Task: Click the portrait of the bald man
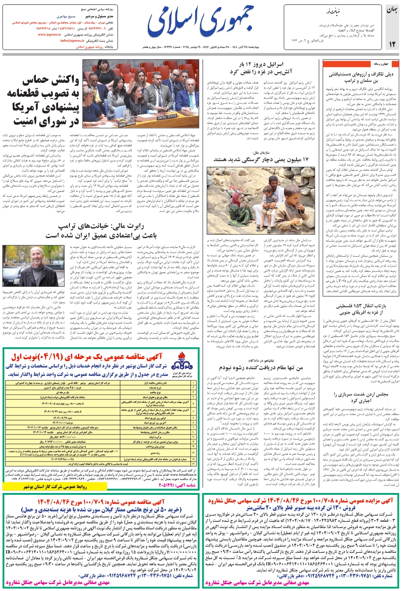30,262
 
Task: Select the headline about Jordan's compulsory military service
360,397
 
